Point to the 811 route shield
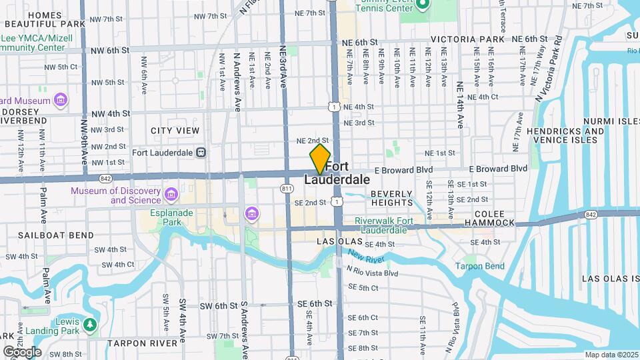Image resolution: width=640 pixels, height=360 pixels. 287,189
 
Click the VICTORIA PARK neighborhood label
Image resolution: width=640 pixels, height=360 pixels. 467,40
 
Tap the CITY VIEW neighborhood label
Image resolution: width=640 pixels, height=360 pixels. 175,131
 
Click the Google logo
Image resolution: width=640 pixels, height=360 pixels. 21,351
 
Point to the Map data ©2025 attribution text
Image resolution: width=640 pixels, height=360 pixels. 611,355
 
